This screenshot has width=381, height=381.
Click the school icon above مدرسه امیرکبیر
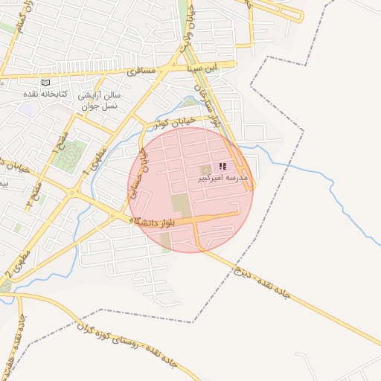pos(222,167)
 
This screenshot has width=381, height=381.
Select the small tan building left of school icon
pos(205,170)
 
